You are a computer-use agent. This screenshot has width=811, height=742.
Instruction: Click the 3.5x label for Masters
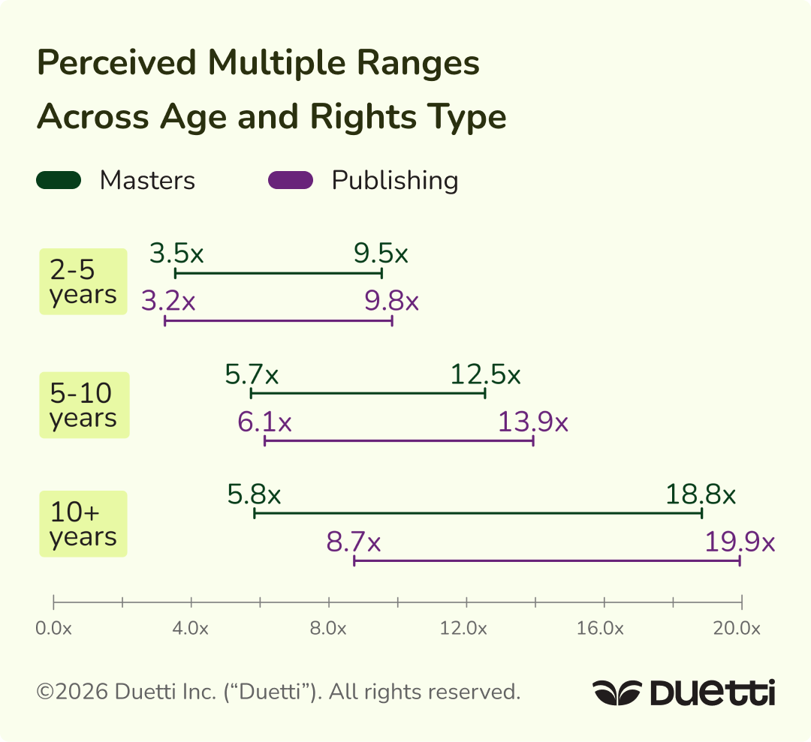click(x=176, y=254)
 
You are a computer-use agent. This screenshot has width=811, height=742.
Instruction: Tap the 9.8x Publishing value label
click(x=391, y=302)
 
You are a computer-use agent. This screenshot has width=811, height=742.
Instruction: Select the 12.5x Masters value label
click(x=485, y=374)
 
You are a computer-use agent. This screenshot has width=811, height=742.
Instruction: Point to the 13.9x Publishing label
click(x=533, y=422)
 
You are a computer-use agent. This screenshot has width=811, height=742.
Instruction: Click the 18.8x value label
click(x=701, y=494)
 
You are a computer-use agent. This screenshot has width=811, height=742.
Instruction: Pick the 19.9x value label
click(x=740, y=542)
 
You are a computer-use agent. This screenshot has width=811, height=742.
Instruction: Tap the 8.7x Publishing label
click(x=354, y=542)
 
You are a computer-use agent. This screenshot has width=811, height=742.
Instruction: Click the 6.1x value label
click(x=265, y=422)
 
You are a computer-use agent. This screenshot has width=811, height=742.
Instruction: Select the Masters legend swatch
click(x=59, y=180)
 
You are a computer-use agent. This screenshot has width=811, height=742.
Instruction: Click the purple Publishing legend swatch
click(x=291, y=180)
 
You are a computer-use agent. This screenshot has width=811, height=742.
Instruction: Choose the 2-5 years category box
click(x=83, y=281)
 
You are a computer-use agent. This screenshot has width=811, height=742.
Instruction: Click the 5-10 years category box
click(x=83, y=405)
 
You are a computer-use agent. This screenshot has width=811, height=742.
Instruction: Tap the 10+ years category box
click(x=83, y=524)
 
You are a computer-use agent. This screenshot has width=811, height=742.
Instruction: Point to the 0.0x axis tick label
click(x=53, y=629)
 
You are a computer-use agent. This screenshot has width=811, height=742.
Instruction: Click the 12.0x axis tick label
click(x=466, y=629)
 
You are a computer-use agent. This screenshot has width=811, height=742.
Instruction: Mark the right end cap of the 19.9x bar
click(x=740, y=560)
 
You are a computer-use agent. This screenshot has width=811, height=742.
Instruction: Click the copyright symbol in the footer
click(x=45, y=692)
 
